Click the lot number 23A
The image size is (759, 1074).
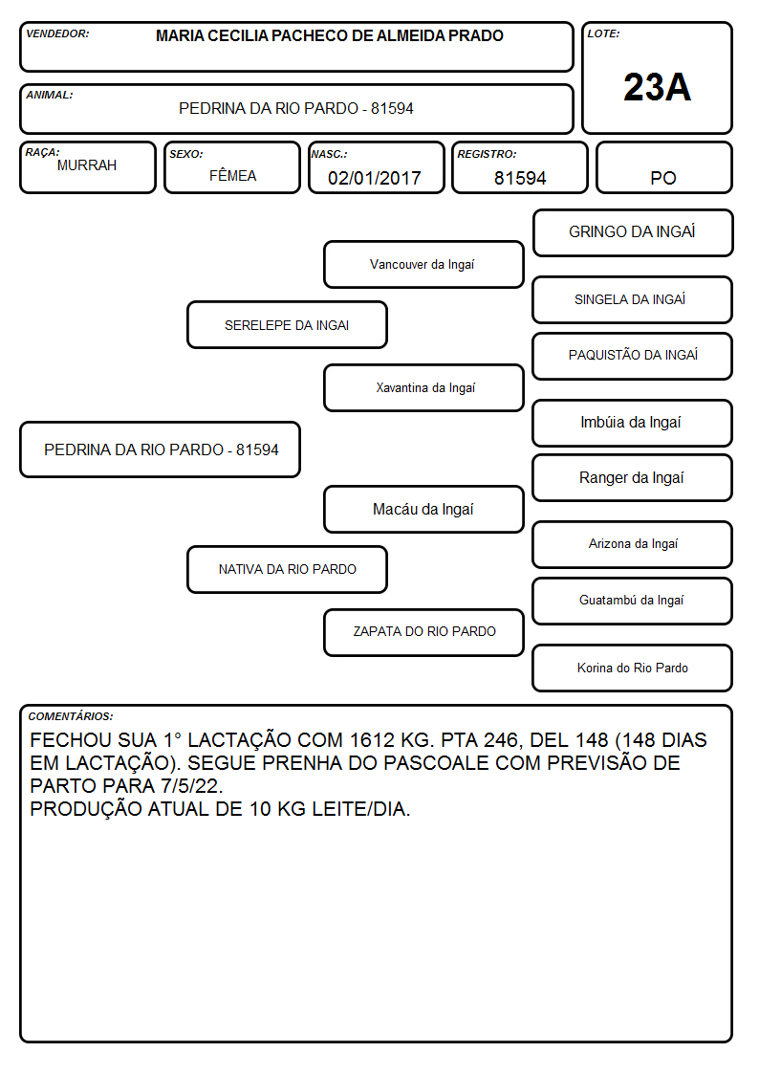657,87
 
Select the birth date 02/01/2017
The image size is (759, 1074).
375,178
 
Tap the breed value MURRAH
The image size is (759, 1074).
87,165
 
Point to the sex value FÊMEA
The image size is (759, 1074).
232,175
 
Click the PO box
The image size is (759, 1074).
663,167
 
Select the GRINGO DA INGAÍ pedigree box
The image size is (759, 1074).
633,233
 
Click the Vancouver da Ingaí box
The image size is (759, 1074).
423,264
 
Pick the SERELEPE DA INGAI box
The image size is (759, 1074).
287,324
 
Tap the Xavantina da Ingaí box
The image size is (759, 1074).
423,387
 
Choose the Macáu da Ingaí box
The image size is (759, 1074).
423,509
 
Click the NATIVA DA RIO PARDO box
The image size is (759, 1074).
287,569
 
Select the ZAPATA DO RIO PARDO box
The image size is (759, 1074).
423,632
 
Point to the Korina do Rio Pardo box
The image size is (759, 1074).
633,668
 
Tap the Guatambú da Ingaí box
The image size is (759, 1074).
633,601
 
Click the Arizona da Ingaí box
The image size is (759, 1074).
633,544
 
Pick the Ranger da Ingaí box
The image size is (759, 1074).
633,477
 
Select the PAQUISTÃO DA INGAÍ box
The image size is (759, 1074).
633,356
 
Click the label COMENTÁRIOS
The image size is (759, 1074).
71,716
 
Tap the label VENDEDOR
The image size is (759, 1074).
57,33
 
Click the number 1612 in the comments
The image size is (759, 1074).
372,740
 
